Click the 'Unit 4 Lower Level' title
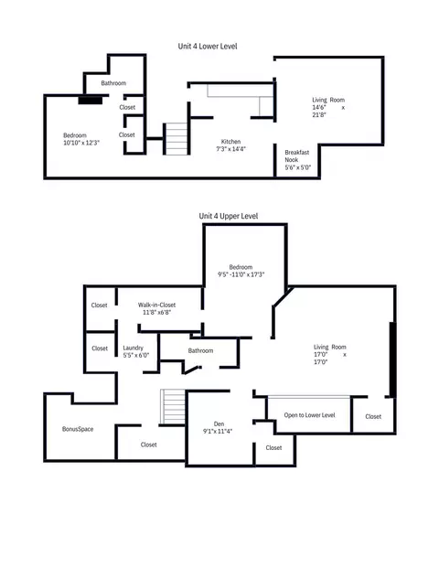(x=208, y=47)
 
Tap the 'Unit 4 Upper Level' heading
(x=229, y=216)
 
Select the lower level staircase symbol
(x=176, y=139)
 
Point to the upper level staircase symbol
(x=173, y=406)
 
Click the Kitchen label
(x=230, y=142)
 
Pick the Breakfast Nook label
(x=296, y=156)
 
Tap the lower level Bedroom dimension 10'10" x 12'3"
(x=81, y=143)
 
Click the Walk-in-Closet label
(x=156, y=305)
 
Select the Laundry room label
(x=133, y=348)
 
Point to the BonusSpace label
(x=78, y=429)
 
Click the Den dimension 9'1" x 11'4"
(x=218, y=431)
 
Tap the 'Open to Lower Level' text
(x=309, y=415)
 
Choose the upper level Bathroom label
(x=200, y=350)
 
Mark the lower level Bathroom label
(x=113, y=83)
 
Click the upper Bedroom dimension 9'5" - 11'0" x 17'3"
(x=241, y=274)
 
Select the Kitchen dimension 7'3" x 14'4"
(x=230, y=149)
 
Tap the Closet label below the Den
(x=273, y=448)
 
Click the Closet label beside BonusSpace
(x=148, y=445)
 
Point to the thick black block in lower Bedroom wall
(x=91, y=100)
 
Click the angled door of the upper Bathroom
(x=192, y=370)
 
